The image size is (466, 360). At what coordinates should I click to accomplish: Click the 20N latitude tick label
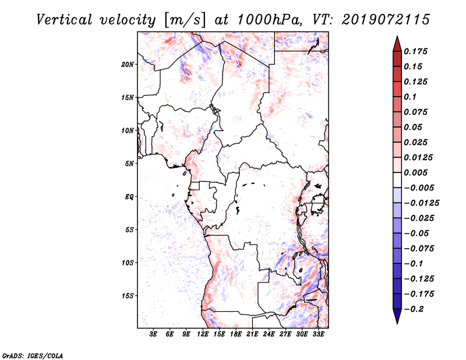tap(128, 64)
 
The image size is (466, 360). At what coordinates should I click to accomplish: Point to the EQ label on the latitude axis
tap(129, 197)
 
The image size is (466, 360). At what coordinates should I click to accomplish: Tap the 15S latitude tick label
tap(128, 296)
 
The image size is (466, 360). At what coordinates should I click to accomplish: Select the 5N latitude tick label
tap(129, 164)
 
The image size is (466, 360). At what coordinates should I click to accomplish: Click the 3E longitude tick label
tap(154, 334)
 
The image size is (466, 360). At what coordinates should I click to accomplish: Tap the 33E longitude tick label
tap(319, 334)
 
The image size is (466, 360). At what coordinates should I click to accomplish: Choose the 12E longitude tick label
tap(203, 334)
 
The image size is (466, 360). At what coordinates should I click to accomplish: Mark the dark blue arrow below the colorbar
tap(396, 316)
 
